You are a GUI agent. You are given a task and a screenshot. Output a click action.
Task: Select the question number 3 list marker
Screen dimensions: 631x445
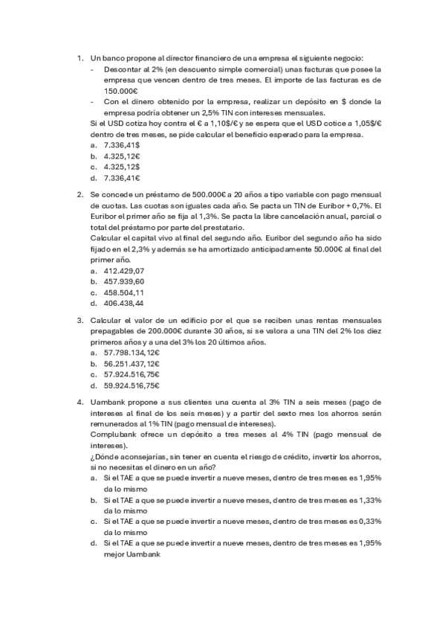(x=79, y=319)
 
